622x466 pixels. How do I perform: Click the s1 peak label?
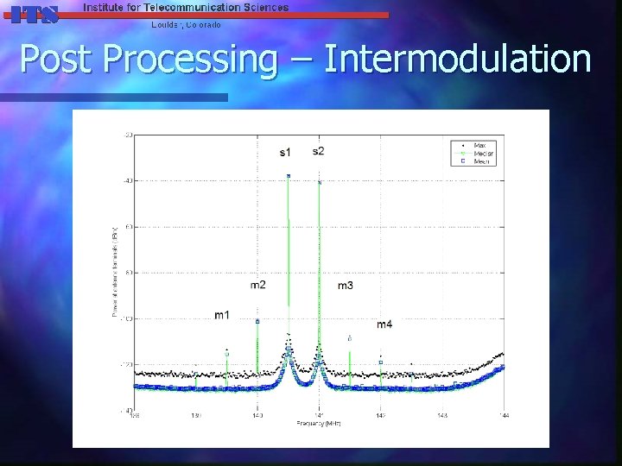tap(285, 153)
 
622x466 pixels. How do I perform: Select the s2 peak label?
tap(319, 151)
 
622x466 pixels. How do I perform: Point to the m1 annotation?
tap(223, 315)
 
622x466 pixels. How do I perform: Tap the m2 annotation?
tap(258, 284)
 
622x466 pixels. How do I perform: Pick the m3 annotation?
tap(345, 285)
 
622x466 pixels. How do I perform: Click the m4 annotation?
tap(384, 324)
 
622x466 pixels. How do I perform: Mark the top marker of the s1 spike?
tap(289, 176)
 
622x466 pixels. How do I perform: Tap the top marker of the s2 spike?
tap(320, 182)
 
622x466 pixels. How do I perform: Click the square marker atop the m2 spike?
tap(257, 321)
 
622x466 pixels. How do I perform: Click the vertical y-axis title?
tap(115, 271)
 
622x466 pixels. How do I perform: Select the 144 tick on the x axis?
tap(504, 416)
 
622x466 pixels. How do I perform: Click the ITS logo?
tap(33, 14)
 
